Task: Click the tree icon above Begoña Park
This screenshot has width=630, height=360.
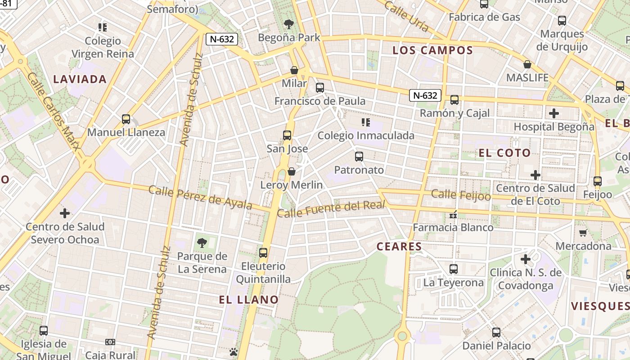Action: (288, 24)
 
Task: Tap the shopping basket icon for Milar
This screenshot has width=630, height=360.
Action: (294, 70)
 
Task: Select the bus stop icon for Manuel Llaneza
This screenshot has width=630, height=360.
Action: (126, 119)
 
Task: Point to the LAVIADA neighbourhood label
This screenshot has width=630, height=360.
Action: (80, 79)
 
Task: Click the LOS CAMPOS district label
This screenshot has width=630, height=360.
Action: (433, 50)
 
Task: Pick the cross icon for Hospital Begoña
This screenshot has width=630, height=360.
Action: (554, 113)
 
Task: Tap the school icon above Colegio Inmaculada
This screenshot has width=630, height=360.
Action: (365, 122)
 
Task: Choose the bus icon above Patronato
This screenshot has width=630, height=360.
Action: (359, 157)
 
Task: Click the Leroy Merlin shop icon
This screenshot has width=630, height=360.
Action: (292, 171)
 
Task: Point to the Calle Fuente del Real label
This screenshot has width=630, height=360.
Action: (331, 209)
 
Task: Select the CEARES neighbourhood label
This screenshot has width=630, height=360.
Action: (399, 246)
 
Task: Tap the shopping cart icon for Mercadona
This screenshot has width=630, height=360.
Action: (583, 233)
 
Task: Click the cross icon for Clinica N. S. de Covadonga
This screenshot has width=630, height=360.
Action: (526, 259)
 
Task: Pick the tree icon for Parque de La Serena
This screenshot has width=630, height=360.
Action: (202, 243)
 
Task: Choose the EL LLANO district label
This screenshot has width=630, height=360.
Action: (249, 299)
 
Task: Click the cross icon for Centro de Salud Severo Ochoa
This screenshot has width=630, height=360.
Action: (65, 213)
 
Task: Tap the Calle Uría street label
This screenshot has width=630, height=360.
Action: (407, 16)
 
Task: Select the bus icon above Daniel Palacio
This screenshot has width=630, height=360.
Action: (496, 333)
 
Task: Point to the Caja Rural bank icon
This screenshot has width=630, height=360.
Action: (110, 342)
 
